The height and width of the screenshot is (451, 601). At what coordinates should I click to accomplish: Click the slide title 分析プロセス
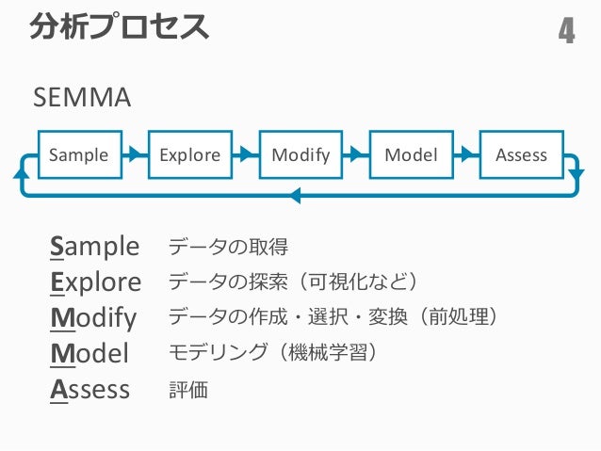[120, 26]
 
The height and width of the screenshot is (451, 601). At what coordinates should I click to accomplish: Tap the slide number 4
[566, 31]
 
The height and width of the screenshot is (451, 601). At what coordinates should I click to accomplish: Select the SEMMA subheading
[82, 97]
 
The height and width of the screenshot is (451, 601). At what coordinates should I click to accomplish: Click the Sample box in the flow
[80, 154]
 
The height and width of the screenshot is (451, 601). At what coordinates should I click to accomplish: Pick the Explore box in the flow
[190, 154]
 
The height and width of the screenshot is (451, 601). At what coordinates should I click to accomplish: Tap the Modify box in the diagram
[300, 154]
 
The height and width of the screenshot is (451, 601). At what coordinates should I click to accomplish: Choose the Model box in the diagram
[412, 154]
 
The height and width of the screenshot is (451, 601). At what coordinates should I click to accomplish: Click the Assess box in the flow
[522, 154]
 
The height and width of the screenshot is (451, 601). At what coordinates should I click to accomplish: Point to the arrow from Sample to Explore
[135, 154]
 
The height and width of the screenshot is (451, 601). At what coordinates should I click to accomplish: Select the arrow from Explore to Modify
[246, 154]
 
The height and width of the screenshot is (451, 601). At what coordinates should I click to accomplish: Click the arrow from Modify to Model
[356, 154]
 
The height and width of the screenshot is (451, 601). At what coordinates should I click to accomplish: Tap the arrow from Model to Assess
[466, 154]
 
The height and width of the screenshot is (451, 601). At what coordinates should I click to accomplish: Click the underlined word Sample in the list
[94, 247]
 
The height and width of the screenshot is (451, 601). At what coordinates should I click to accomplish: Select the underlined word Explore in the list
[95, 282]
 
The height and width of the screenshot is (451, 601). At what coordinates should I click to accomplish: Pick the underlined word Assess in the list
[89, 390]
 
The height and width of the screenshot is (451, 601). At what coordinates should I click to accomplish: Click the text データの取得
[228, 247]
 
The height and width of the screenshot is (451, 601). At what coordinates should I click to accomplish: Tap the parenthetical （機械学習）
[329, 352]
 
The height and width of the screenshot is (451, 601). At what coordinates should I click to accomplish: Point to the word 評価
[188, 390]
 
